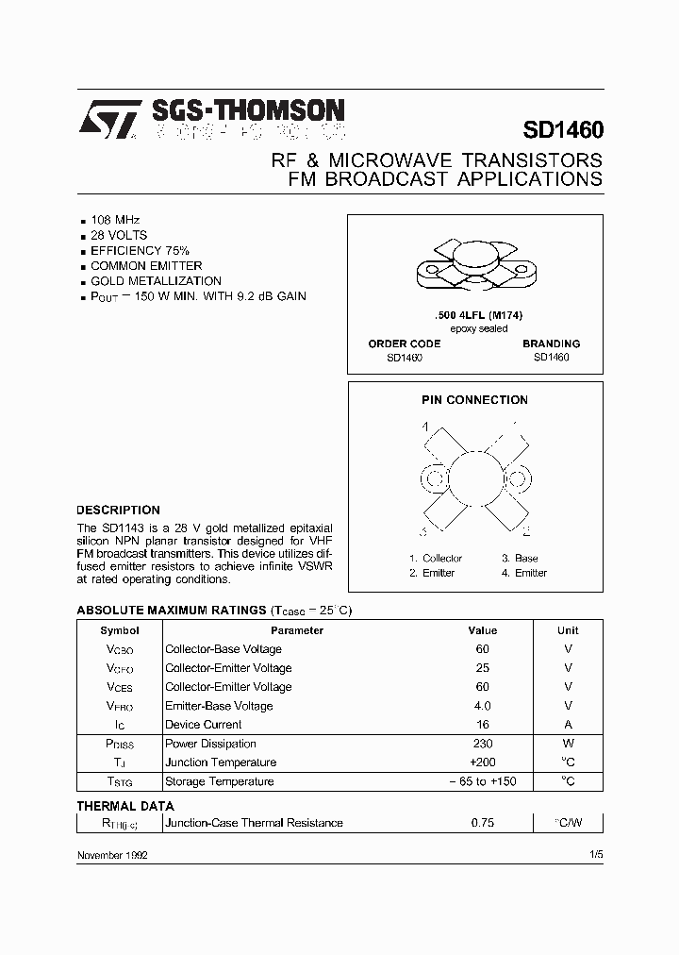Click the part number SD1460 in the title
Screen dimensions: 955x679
pos(562,129)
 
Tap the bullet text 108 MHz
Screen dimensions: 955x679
pos(115,219)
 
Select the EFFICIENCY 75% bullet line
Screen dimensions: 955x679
pos(140,250)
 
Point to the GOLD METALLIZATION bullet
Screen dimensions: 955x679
pos(156,280)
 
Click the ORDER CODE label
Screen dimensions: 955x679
pos(404,343)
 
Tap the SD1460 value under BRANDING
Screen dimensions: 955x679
pos(551,358)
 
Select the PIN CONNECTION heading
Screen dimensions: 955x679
pos(474,400)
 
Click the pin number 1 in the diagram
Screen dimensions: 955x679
pos(425,427)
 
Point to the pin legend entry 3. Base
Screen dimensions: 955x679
pos(520,559)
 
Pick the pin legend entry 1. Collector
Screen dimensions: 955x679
pos(436,559)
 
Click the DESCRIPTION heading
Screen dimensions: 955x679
pos(118,510)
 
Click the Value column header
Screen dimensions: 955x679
pos(482,630)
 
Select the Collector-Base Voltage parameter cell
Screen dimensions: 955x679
pos(223,649)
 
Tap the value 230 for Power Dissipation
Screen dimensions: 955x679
pos(482,744)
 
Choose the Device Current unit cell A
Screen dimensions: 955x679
pos(568,725)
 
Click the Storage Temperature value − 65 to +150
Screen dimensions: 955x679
pos(482,781)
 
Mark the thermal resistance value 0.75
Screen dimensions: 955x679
pos(482,823)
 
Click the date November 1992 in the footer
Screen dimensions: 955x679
pos(111,854)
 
